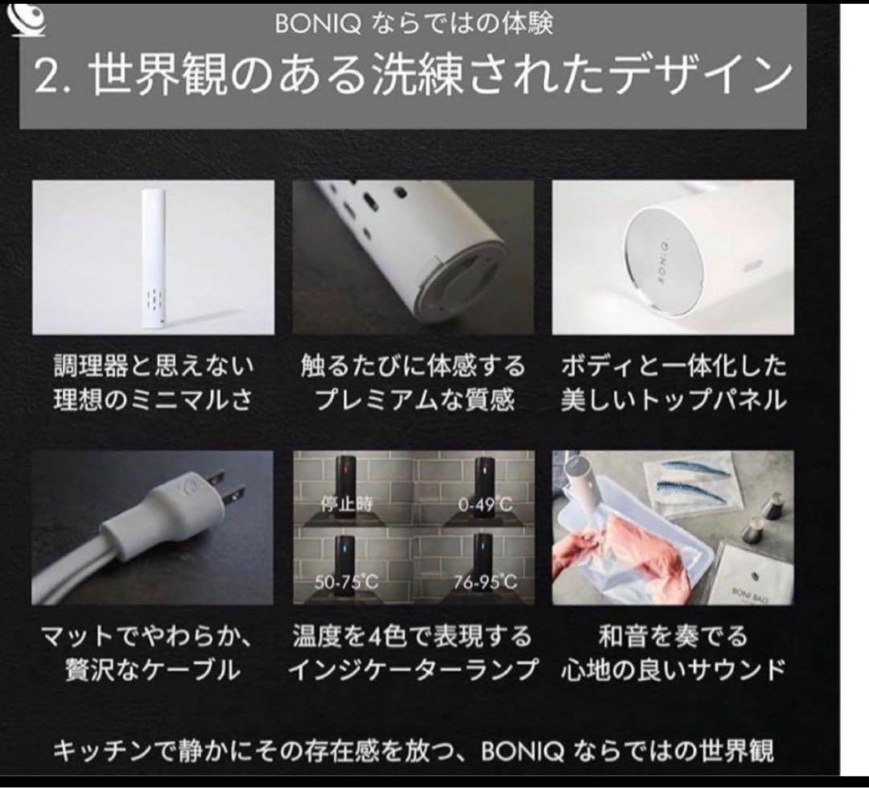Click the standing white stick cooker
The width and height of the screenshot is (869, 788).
pyautogui.click(x=153, y=258)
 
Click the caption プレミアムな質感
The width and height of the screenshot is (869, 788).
pyautogui.click(x=414, y=400)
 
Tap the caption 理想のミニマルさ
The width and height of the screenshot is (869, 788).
pyautogui.click(x=153, y=400)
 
